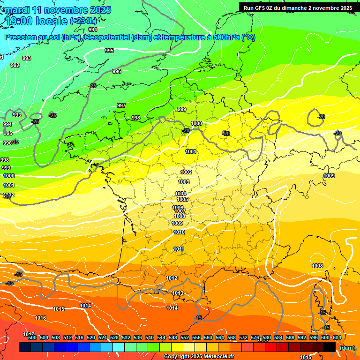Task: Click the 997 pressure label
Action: [121, 105]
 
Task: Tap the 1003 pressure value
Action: [184, 182]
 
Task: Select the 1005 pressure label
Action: [182, 199]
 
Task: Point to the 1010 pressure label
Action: [179, 232]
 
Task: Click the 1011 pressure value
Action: [179, 249]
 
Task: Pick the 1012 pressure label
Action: [172, 278]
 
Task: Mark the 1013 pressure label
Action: [178, 293]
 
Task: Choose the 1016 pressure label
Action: [41, 318]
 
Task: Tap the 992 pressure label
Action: [15, 65]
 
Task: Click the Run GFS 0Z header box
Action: [298, 7]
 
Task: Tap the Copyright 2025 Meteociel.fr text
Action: [199, 357]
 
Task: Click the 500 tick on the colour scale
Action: [32, 337]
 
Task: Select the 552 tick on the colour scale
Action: [185, 337]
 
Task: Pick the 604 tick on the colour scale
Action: [337, 337]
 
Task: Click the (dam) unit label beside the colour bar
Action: [347, 347]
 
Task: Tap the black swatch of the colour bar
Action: [330, 347]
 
